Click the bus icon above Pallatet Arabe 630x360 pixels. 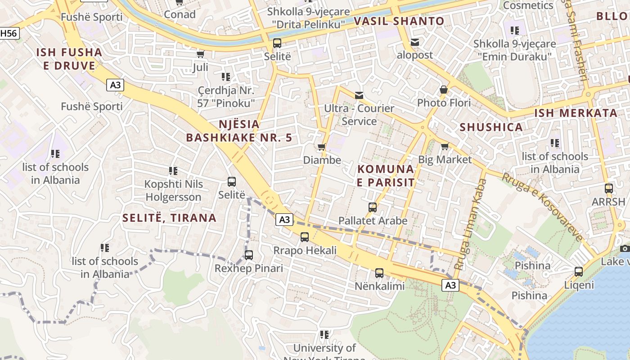[x=373, y=207]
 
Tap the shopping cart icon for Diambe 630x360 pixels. [x=322, y=147]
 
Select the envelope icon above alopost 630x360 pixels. [x=415, y=42]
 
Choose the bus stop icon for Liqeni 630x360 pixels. [x=579, y=272]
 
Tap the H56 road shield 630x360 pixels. [x=9, y=33]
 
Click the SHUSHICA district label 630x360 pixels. [x=491, y=127]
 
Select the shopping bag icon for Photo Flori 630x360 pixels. [x=444, y=90]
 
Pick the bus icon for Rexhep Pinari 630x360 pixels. [x=249, y=255]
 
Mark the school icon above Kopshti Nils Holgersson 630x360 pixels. [x=173, y=171]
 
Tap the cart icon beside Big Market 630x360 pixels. [x=445, y=146]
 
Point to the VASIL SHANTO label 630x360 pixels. [x=399, y=21]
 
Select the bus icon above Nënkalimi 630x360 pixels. [x=379, y=273]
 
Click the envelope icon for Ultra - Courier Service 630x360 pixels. [x=359, y=95]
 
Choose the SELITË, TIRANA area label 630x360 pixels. [x=169, y=218]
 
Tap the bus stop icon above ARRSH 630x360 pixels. [x=609, y=189]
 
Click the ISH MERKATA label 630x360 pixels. [x=576, y=113]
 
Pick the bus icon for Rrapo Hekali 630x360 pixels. [x=305, y=237]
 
